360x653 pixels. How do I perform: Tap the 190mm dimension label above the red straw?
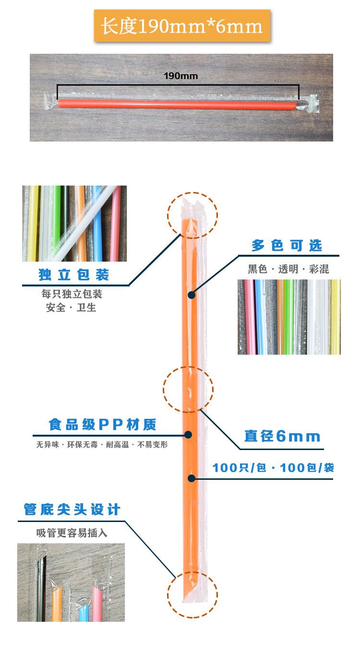pyautogui.click(x=180, y=76)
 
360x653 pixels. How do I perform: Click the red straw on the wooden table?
pyautogui.click(x=178, y=104)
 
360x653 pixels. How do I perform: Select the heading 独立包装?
pyautogui.click(x=74, y=275)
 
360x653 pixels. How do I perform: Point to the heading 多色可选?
pyautogui.click(x=287, y=246)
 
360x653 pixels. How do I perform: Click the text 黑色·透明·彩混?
pyautogui.click(x=288, y=269)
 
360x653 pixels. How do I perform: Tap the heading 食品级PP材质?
pyautogui.click(x=102, y=425)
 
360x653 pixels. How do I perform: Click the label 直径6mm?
pyautogui.click(x=282, y=437)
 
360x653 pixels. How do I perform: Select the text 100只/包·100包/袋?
pyautogui.click(x=273, y=468)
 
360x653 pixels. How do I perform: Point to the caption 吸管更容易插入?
pyautogui.click(x=72, y=533)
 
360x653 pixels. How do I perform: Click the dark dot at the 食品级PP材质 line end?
pyautogui.click(x=188, y=435)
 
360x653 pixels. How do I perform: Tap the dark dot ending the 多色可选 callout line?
pyautogui.click(x=192, y=295)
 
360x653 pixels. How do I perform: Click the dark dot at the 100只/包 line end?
pyautogui.click(x=192, y=478)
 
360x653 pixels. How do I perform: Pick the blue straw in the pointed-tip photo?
pyautogui.click(x=84, y=612)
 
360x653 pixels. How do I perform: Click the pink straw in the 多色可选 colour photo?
pyautogui.click(x=250, y=317)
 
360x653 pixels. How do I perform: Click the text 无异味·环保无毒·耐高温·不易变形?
pyautogui.click(x=102, y=445)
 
